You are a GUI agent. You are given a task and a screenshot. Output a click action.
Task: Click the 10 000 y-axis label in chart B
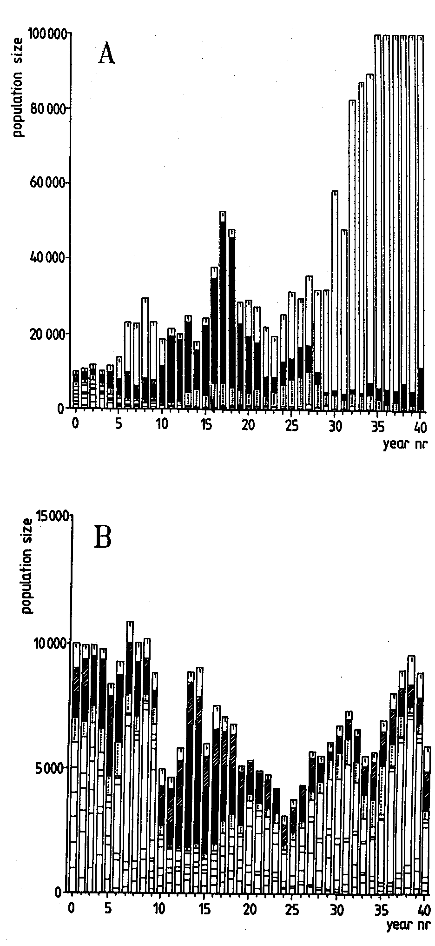50,643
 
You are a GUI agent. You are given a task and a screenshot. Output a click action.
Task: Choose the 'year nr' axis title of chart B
405,925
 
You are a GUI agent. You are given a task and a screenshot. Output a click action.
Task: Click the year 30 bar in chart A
335,300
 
